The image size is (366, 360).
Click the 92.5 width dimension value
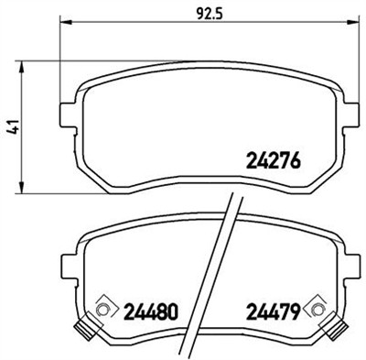pos(191,14)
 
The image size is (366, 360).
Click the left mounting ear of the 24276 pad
pos(66,115)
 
